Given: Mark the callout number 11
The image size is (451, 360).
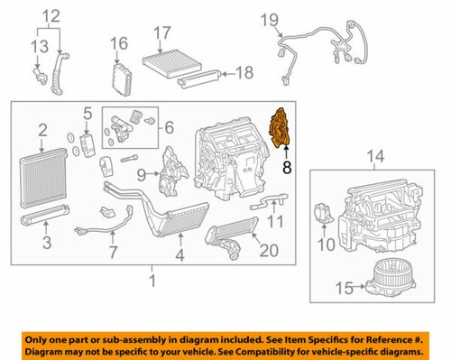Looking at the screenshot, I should (x=277, y=220).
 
